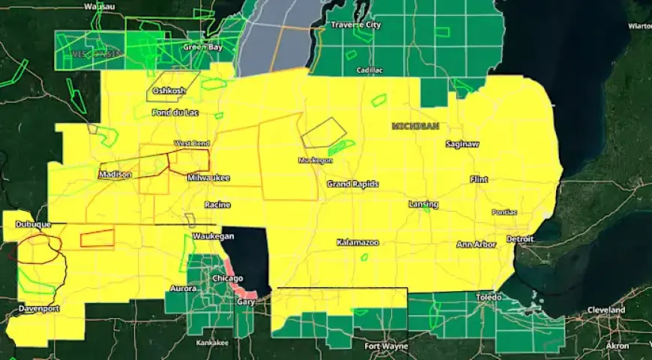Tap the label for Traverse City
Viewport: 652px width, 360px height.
356,25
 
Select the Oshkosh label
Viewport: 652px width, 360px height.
169,91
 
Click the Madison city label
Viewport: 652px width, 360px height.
115,175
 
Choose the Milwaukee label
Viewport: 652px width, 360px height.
208,178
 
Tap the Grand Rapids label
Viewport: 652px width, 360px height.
352,184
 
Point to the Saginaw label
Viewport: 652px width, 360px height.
462,143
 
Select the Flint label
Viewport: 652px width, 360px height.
478,179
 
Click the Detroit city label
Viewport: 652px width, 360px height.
519,239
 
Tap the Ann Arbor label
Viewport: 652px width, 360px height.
476,244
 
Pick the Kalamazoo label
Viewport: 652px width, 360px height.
357,243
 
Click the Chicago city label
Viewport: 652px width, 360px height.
227,278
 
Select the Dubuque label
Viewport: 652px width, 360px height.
32,224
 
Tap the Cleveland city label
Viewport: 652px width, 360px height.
606,310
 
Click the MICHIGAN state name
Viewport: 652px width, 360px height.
414,127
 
